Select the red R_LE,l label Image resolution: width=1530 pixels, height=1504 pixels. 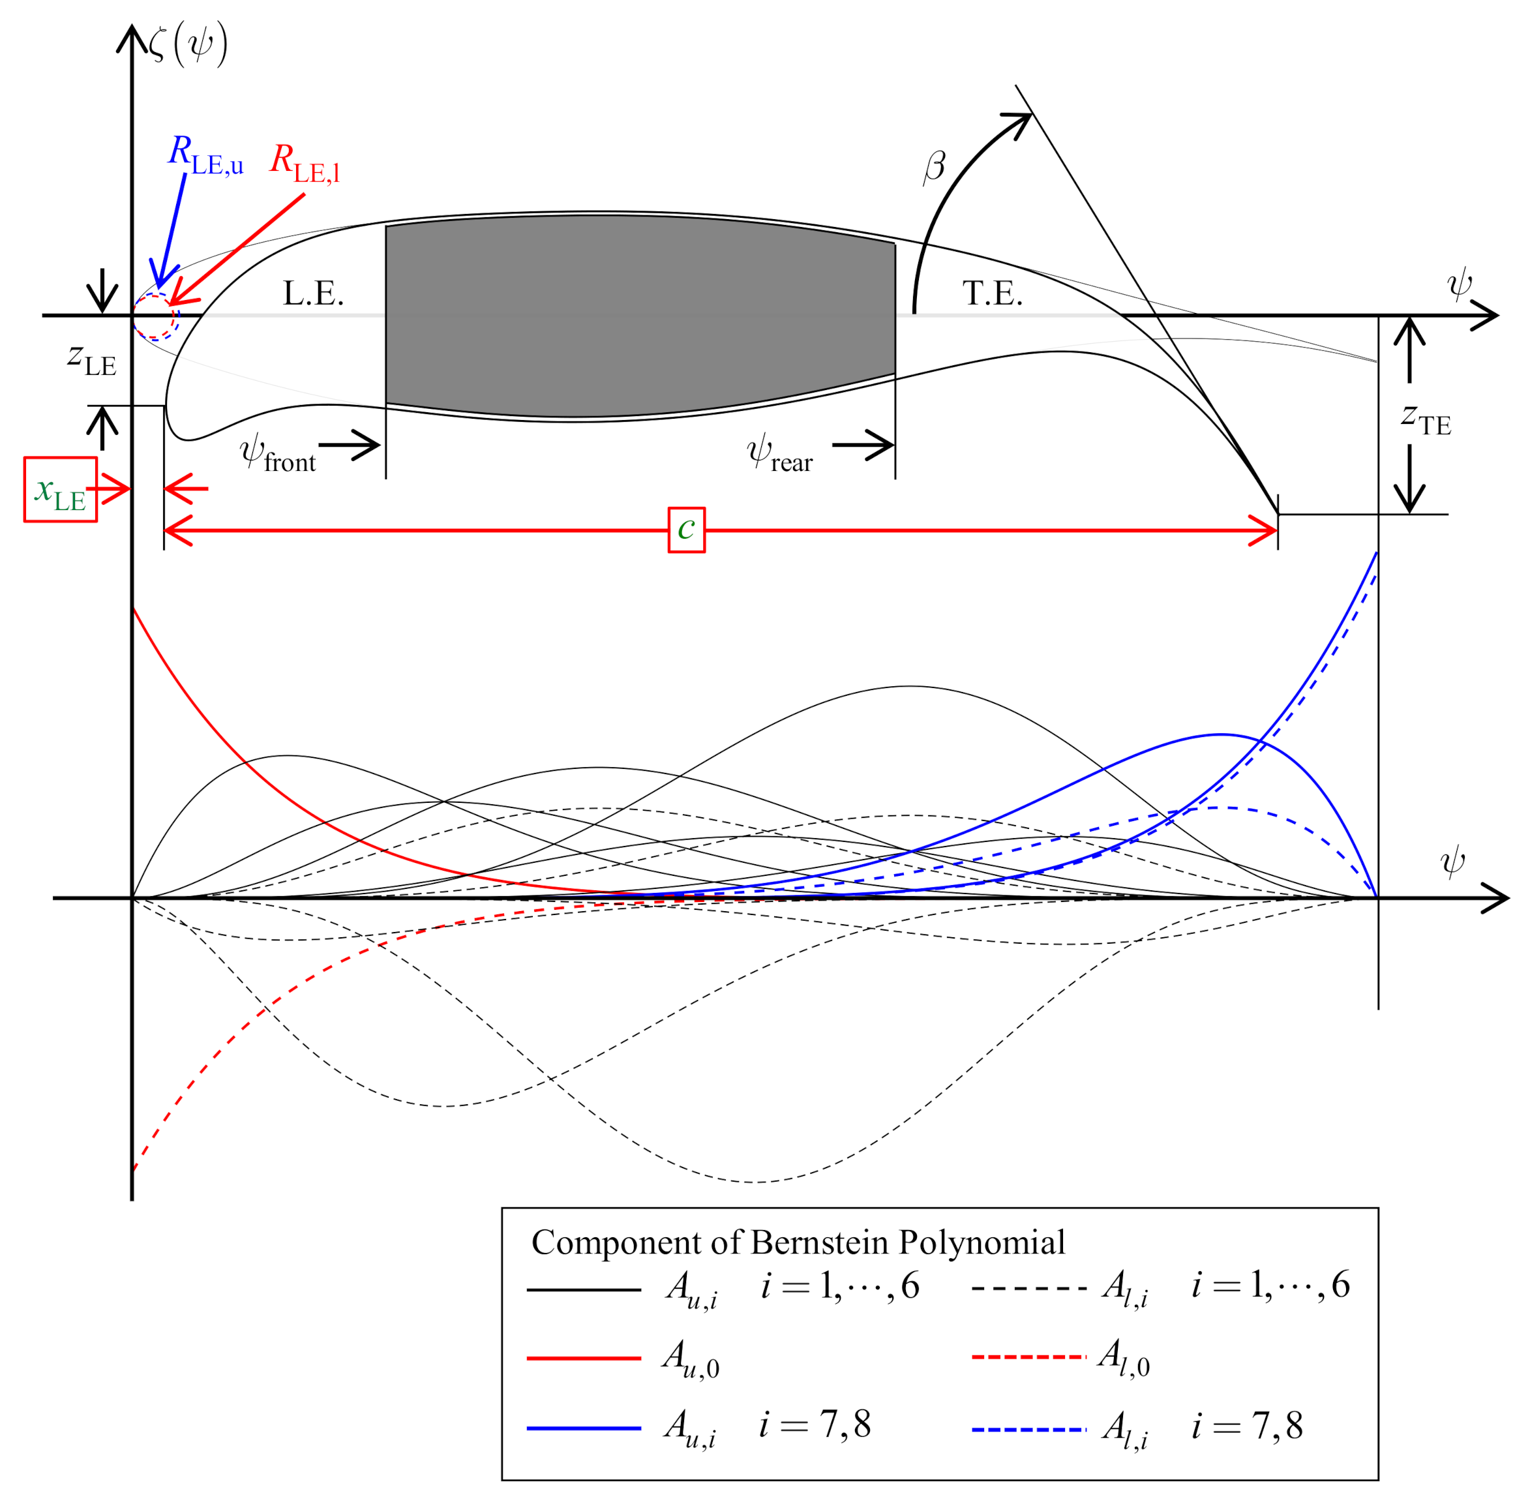pyautogui.click(x=305, y=164)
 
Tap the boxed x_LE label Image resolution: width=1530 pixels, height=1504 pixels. pyautogui.click(x=60, y=489)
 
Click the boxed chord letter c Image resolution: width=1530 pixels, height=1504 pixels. pyautogui.click(x=686, y=529)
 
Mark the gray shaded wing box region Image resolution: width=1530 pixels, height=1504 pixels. pyautogui.click(x=640, y=316)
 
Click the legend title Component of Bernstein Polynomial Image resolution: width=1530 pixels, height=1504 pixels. pyautogui.click(x=798, y=1242)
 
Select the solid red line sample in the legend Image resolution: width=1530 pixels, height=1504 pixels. pyautogui.click(x=584, y=1358)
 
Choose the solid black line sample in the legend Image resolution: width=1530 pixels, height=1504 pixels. pyautogui.click(x=584, y=1290)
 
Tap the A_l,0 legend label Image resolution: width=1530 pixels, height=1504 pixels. pyautogui.click(x=1124, y=1358)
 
